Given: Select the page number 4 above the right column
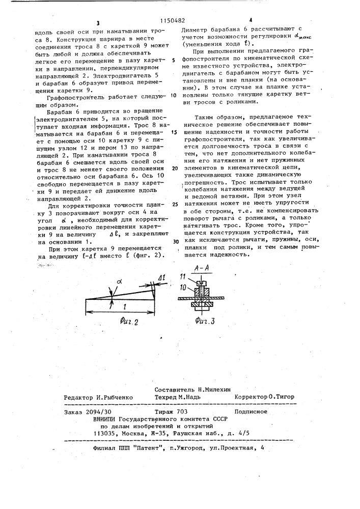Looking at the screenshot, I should (243, 20).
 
